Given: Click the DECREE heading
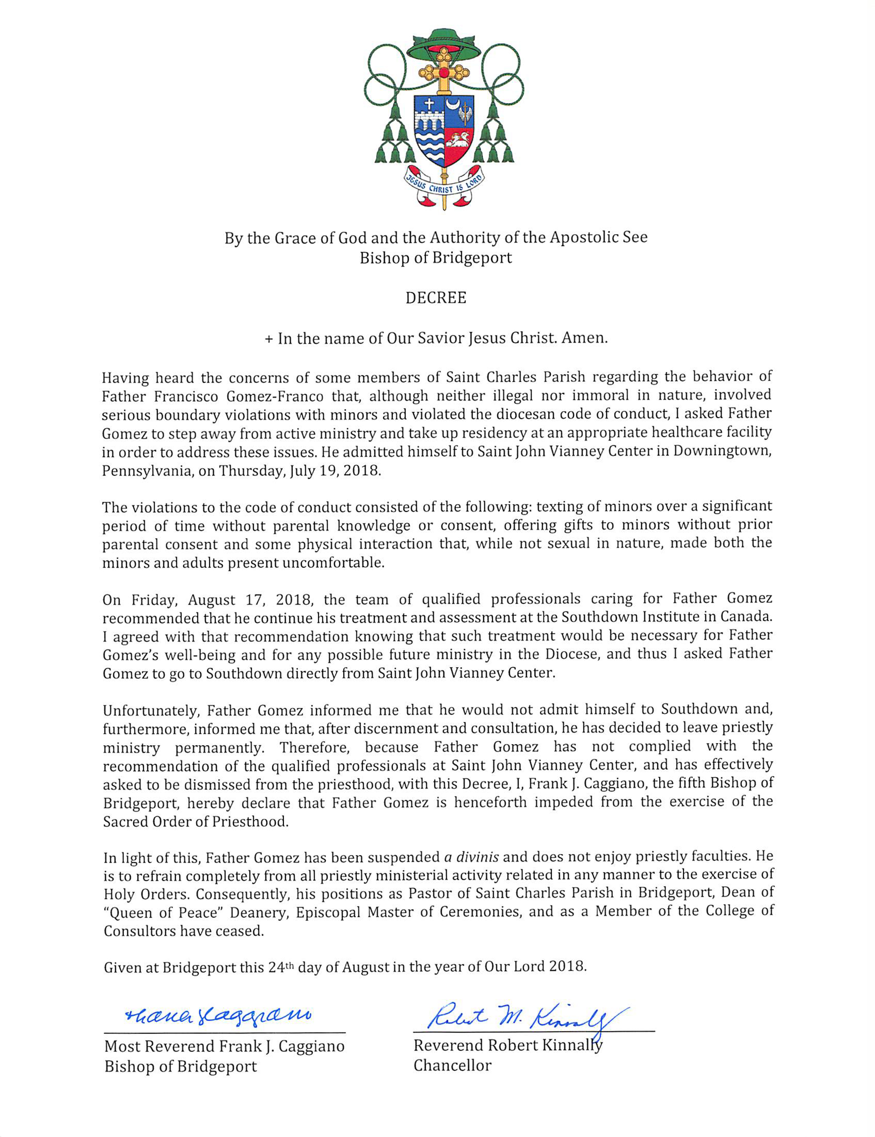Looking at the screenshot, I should click(x=436, y=298).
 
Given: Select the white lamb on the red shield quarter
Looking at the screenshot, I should click(x=458, y=141).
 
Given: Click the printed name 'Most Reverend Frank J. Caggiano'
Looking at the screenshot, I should click(x=225, y=1047).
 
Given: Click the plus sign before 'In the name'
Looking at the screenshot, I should click(x=269, y=339).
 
